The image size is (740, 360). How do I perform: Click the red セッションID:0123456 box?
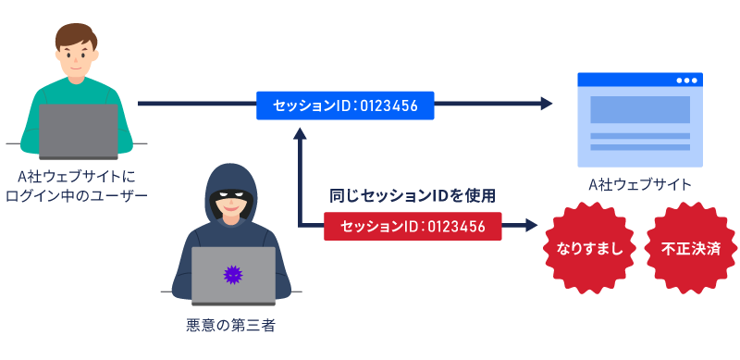pos(413,226)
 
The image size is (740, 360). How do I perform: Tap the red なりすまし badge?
pos(588,249)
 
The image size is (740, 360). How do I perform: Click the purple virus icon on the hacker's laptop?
pos(233,274)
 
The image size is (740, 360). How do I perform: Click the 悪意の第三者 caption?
pos(230,326)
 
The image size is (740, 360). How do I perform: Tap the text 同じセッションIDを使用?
pos(413,196)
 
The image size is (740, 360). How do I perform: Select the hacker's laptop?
pos(233,276)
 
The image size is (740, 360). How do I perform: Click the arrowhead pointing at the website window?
pos(546,105)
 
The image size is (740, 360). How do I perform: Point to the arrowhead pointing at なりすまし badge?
pos(532,226)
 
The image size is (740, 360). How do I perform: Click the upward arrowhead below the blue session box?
pos(299,132)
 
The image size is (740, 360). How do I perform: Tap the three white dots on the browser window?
pos(685,81)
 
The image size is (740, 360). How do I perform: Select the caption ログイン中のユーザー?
pos(76,195)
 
